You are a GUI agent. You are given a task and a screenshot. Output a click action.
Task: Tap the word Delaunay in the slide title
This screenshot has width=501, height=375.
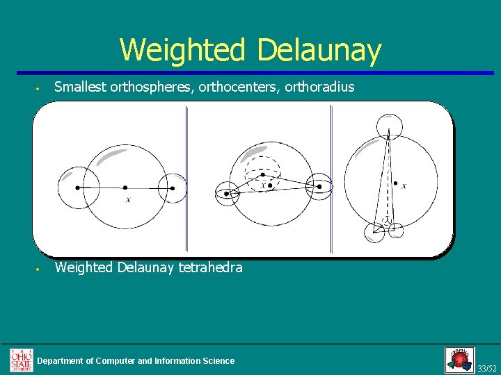[319, 50]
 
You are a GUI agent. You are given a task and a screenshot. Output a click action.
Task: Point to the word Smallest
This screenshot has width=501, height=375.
[80, 87]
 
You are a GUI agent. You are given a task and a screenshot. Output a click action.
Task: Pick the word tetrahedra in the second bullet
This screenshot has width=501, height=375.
[210, 267]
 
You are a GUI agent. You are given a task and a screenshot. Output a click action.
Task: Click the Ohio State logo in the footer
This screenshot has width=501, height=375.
[21, 360]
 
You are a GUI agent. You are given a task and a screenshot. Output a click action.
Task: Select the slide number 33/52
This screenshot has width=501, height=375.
[487, 367]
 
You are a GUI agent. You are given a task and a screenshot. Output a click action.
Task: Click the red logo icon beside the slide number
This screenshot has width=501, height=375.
[459, 360]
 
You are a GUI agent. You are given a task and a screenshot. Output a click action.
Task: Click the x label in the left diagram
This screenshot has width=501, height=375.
[128, 201]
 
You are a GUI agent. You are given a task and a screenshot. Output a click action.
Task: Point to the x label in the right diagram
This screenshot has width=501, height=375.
[404, 186]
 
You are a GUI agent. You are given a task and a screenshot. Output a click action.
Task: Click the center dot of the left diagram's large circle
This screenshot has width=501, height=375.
[125, 187]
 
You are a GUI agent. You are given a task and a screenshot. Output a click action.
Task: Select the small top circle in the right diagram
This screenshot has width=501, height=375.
[388, 127]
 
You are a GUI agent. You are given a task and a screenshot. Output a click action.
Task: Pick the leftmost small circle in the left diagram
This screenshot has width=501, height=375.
[77, 187]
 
